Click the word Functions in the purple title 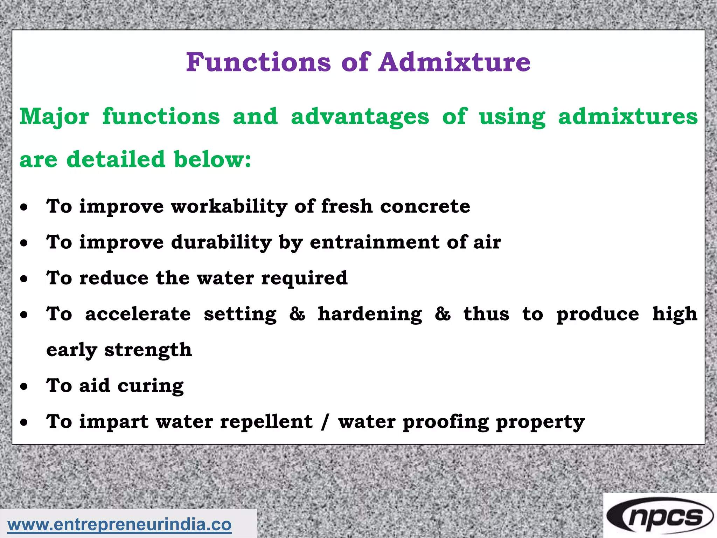pos(258,62)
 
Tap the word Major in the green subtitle pos(54,117)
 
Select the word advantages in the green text pos(360,117)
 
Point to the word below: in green pos(212,159)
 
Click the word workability pos(229,206)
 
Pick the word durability pos(221,242)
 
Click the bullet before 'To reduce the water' pos(24,279)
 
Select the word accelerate pos(138,314)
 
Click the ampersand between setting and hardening pos(297,314)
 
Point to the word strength pos(148,350)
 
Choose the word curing pos(150,386)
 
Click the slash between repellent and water pos(325,422)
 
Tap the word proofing pos(446,422)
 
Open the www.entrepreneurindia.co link pos(119,525)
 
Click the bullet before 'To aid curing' pos(24,387)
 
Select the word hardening pos(370,314)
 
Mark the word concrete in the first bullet pos(425,206)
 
